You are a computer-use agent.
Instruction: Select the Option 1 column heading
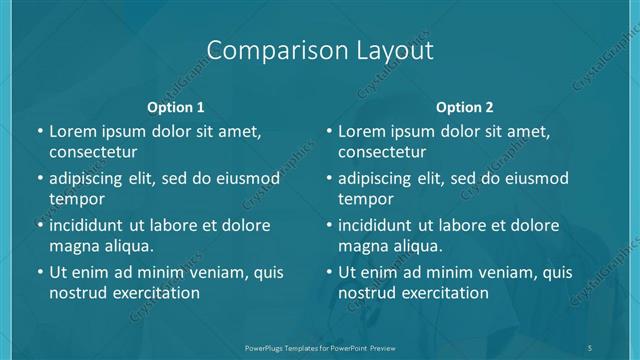pyautogui.click(x=175, y=107)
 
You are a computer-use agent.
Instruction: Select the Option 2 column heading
pyautogui.click(x=464, y=107)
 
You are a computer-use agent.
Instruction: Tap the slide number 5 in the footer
pyautogui.click(x=590, y=347)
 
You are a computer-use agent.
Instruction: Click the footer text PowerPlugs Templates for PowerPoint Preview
pyautogui.click(x=319, y=347)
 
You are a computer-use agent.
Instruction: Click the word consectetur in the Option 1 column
pyautogui.click(x=93, y=152)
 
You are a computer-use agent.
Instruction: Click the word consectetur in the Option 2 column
pyautogui.click(x=382, y=152)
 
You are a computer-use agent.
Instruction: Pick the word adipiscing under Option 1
pyautogui.click(x=88, y=179)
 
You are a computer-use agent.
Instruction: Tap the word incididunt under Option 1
pyautogui.click(x=88, y=225)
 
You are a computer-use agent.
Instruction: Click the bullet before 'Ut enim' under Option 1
pyautogui.click(x=39, y=272)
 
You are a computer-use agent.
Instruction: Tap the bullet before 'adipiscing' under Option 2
pyautogui.click(x=328, y=179)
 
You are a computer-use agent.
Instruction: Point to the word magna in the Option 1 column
pyautogui.click(x=72, y=245)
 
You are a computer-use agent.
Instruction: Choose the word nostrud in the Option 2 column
pyautogui.click(x=367, y=293)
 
